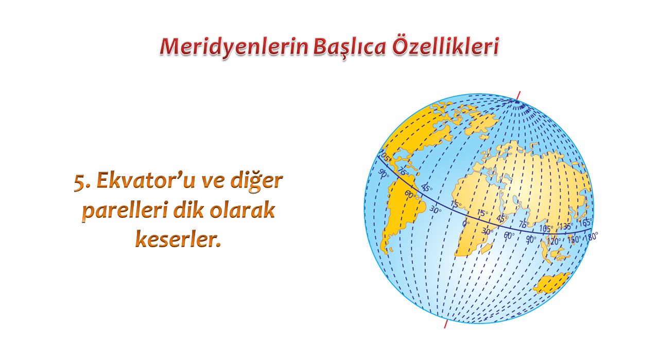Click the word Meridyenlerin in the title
click(234, 47)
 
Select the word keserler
click(178, 239)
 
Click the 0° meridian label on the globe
click(466, 224)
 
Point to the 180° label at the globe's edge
click(591, 236)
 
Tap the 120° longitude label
click(553, 241)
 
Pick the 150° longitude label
click(574, 239)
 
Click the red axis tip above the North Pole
click(520, 92)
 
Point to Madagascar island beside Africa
click(487, 248)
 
